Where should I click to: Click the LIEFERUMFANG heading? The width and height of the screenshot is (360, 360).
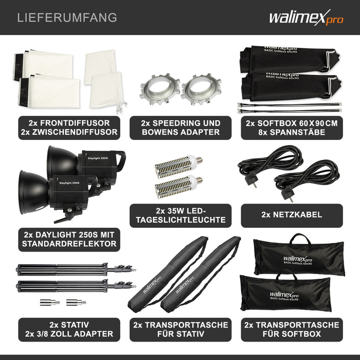(x=67, y=17)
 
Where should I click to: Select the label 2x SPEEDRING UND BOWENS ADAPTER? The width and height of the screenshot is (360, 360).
(x=180, y=128)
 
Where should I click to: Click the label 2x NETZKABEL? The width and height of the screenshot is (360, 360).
(x=291, y=215)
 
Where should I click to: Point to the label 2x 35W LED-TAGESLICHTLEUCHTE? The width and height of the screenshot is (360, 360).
(x=180, y=215)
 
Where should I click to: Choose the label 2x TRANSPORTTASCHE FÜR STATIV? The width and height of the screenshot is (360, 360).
(x=180, y=330)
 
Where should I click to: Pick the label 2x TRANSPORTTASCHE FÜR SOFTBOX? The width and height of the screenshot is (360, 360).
(x=291, y=330)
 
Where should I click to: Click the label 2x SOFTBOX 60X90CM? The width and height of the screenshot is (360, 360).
(x=291, y=128)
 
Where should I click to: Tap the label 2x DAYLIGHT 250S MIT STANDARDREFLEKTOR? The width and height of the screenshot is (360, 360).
(x=69, y=239)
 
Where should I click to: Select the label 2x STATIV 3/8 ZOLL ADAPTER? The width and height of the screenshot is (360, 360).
(x=69, y=330)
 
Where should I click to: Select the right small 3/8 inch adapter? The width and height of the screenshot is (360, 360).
(x=78, y=302)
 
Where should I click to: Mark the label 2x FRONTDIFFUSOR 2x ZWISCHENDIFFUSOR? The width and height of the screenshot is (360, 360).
(x=69, y=128)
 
